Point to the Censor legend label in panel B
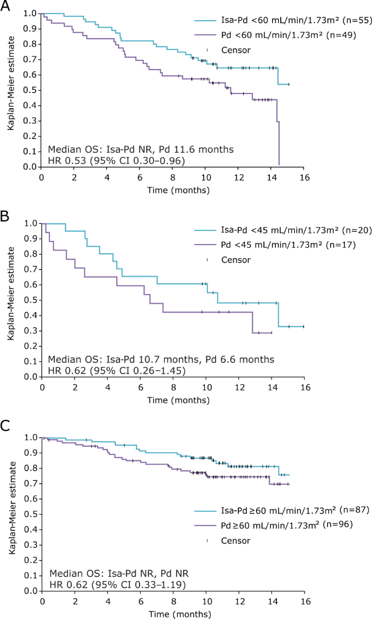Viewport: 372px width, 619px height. pyautogui.click(x=236, y=260)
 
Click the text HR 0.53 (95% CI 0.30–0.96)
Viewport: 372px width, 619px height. pyautogui.click(x=117, y=160)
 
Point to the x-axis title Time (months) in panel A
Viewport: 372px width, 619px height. pyautogui.click(x=173, y=190)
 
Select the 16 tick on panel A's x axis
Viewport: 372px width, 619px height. pyautogui.click(x=305, y=178)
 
